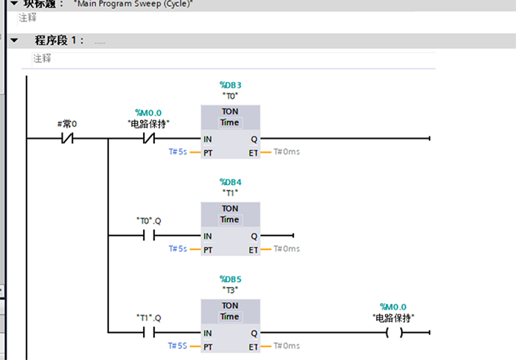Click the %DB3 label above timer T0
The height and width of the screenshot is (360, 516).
tap(230, 86)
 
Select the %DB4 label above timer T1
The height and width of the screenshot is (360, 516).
tap(230, 181)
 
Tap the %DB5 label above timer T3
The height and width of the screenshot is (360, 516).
tap(230, 280)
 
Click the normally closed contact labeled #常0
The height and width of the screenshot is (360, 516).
tap(67, 138)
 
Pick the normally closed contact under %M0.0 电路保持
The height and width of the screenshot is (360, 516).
tap(148, 138)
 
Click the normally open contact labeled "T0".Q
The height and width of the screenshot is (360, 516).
tap(148, 235)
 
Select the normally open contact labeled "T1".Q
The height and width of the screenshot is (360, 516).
tap(148, 333)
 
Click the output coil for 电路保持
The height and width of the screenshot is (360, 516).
tap(394, 333)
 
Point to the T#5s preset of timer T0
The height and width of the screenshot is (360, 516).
tap(177, 152)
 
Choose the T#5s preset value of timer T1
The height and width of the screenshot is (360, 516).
tap(177, 249)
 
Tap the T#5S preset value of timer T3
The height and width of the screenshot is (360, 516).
tap(177, 346)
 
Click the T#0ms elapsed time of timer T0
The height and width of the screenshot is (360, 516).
tap(287, 152)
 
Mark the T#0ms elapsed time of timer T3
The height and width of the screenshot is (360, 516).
tap(287, 346)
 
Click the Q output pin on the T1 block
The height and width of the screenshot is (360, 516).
tap(254, 236)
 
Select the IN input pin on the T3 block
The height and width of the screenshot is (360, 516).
tap(208, 333)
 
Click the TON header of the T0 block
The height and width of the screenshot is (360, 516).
tap(230, 111)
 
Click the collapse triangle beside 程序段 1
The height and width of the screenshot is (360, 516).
tap(14, 41)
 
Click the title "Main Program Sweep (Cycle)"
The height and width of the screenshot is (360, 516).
tap(133, 4)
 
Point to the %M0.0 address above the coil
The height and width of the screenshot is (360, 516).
tap(393, 307)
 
